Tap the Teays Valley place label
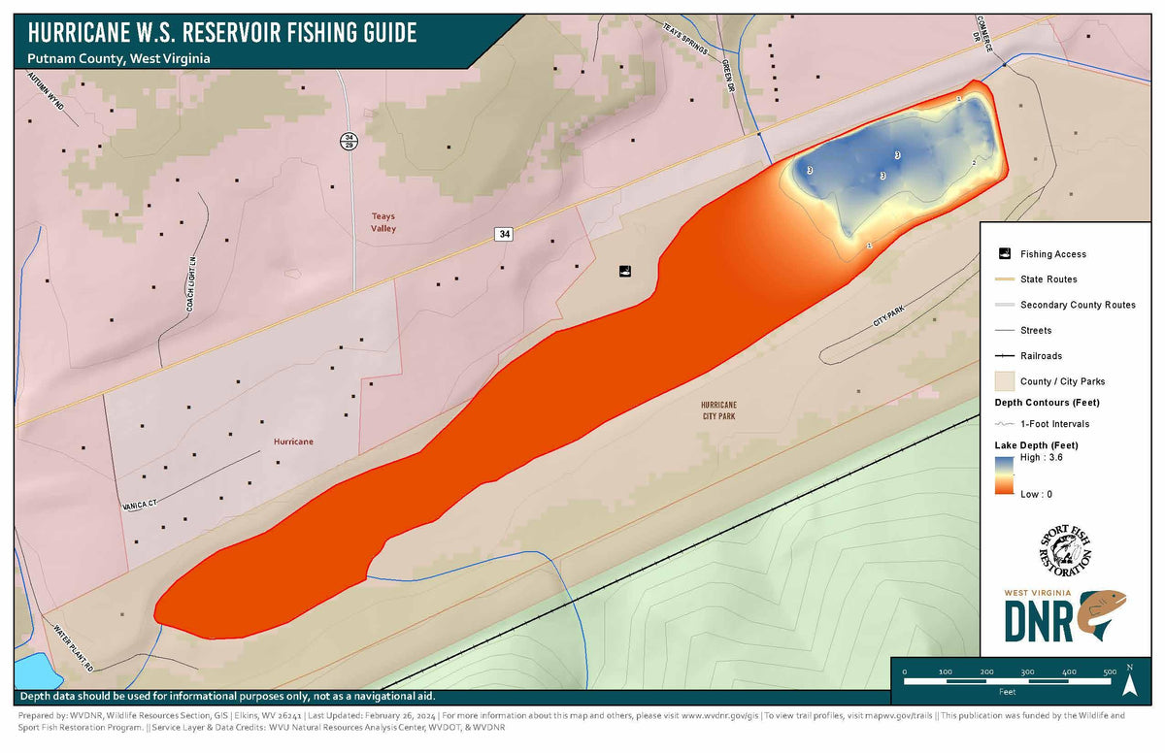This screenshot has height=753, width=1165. pyautogui.click(x=383, y=222)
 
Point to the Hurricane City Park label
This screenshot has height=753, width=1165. pyautogui.click(x=719, y=409)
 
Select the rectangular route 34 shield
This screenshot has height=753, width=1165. pyautogui.click(x=503, y=234)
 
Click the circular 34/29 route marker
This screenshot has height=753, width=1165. pyautogui.click(x=349, y=142)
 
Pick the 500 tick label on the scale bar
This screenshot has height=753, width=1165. pyautogui.click(x=1109, y=671)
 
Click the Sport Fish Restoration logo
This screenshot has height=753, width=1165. pyautogui.click(x=1065, y=552)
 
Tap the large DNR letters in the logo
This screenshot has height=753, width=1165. pyautogui.click(x=1038, y=621)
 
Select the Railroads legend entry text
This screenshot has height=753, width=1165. pyautogui.click(x=1042, y=356)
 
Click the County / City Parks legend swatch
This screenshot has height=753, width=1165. pyautogui.click(x=1004, y=381)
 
